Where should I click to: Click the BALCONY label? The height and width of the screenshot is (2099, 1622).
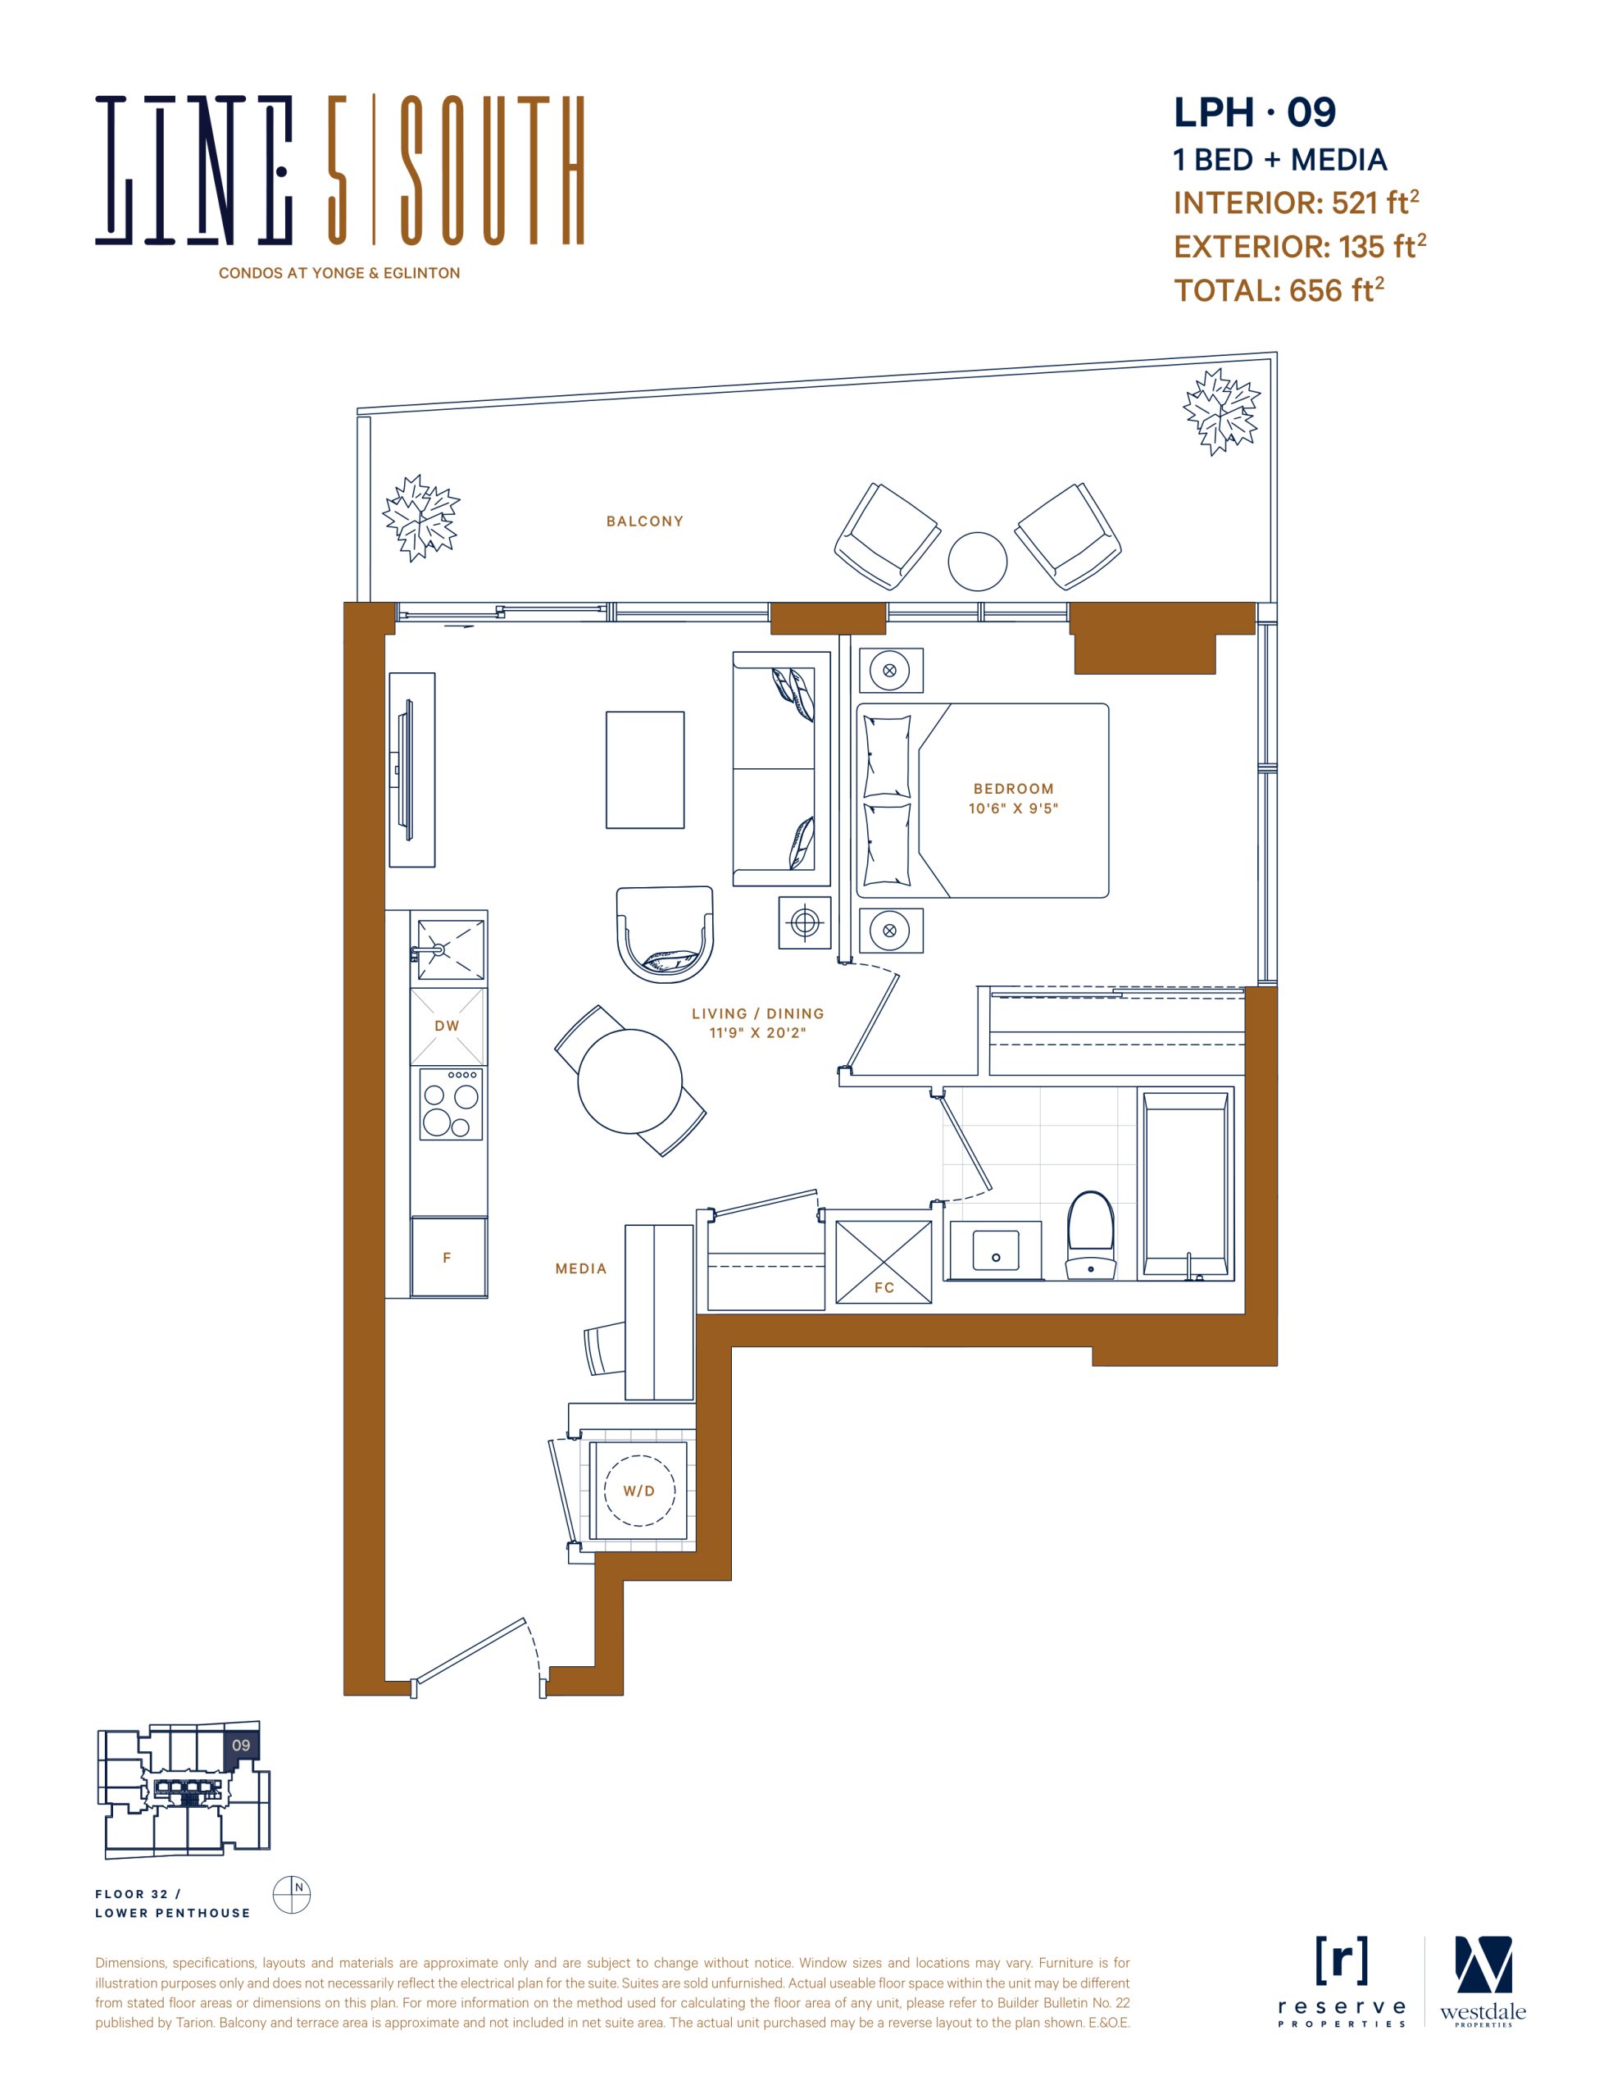pos(645,521)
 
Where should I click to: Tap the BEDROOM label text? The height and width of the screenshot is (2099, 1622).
pos(1014,788)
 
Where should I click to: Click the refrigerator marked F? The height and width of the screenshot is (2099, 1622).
pos(448,1257)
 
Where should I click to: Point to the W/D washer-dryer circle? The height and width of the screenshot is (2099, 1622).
pos(640,1491)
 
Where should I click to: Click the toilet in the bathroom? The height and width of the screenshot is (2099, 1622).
pos(1091,1236)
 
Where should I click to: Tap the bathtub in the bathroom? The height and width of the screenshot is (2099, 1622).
pos(1186,1184)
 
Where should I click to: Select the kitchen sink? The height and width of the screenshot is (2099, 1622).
pos(450,949)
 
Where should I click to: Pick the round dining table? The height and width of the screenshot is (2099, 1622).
pos(630,1081)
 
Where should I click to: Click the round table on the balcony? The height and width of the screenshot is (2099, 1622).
pos(977,562)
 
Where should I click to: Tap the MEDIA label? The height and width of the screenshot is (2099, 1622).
pos(581,1268)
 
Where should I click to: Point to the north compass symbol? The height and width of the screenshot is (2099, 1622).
pos(292,1896)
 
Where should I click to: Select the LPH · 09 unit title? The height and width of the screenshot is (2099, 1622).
pos(1255,112)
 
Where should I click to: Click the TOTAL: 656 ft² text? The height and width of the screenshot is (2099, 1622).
pos(1279,289)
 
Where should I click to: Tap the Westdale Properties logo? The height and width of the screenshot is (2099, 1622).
pos(1483,1982)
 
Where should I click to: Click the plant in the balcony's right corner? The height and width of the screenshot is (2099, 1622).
pos(1221,412)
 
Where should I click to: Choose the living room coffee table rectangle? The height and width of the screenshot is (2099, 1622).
pos(645,770)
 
